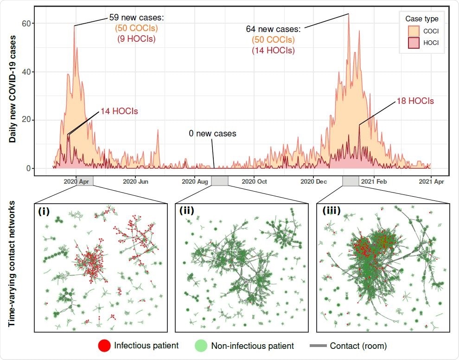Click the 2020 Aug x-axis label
195,182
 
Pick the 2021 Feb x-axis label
373,182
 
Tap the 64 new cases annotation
273,29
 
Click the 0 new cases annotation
212,134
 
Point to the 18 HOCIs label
414,101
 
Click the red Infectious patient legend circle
104,346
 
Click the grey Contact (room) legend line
318,346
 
